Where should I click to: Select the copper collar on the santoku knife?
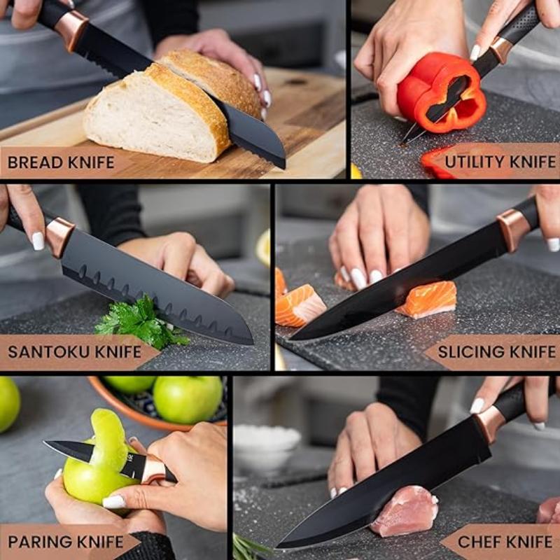(x=59, y=236)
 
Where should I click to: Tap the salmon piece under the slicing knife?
(x=428, y=299)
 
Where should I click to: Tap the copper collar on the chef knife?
(x=489, y=423)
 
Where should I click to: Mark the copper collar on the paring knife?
(x=153, y=470)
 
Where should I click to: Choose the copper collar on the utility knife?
(x=500, y=50)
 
